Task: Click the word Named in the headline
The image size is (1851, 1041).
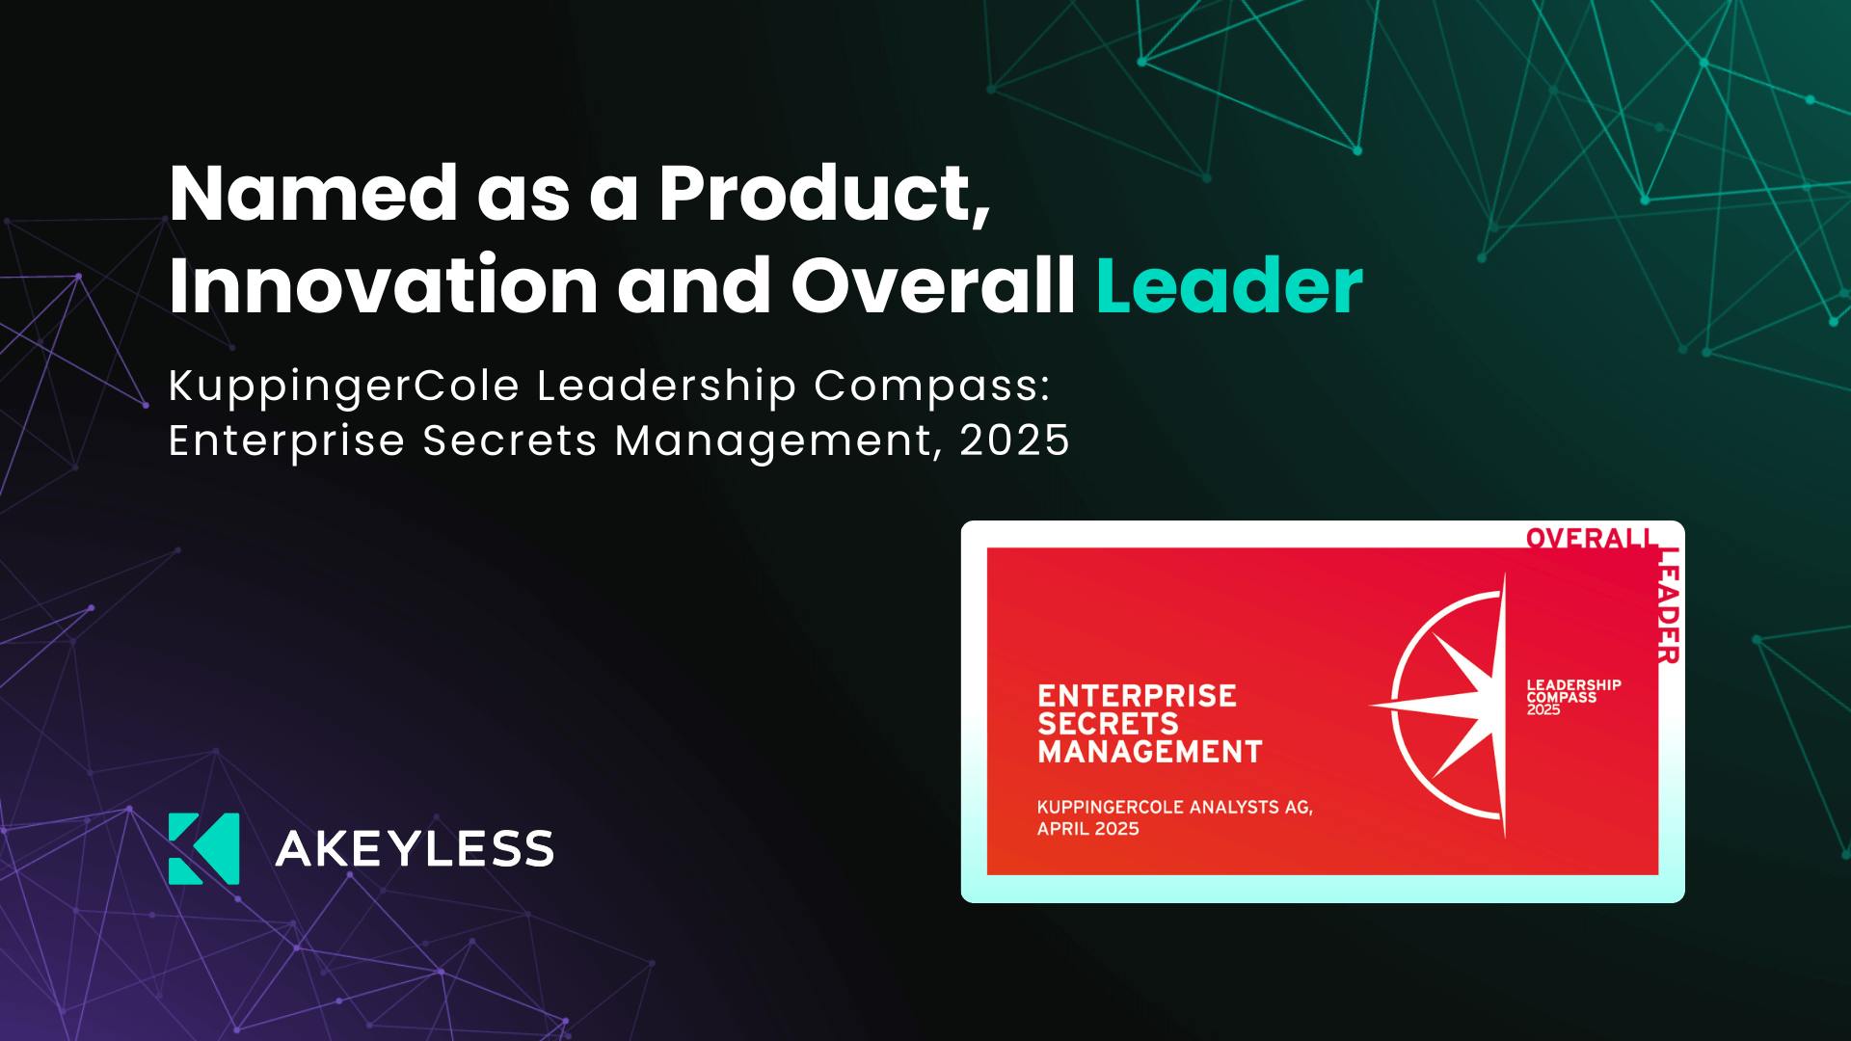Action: coord(313,193)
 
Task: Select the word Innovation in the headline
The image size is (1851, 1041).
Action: coord(384,285)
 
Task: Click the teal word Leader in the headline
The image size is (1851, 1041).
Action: coord(1229,285)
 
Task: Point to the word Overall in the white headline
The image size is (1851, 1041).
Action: coord(933,285)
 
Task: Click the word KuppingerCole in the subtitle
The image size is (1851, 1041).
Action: coord(344,387)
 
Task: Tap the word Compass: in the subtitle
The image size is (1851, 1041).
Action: coord(931,387)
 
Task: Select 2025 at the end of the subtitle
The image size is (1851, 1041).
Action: coord(1015,440)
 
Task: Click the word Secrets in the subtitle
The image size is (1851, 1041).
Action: coord(510,440)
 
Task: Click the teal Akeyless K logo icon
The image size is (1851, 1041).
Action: coord(204,848)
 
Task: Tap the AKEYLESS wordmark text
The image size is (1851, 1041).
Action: coord(415,849)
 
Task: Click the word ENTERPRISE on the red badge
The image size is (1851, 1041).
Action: coord(1137,696)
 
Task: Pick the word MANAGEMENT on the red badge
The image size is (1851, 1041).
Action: coord(1150,752)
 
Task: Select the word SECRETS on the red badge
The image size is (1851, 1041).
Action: coord(1109,724)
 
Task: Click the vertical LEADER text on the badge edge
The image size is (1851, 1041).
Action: coord(1669,605)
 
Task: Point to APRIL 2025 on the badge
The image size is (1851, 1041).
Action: coord(1088,829)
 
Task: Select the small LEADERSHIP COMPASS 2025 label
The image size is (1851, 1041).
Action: coord(1573,697)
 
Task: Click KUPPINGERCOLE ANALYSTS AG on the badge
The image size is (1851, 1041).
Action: coord(1175,807)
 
